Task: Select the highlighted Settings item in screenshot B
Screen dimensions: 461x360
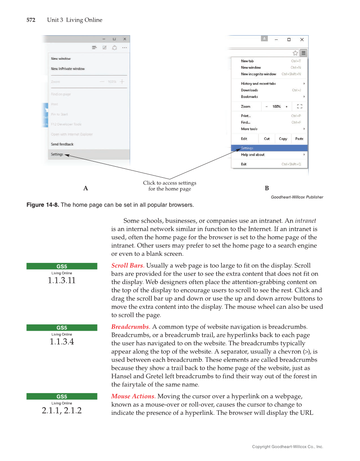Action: coord(247,148)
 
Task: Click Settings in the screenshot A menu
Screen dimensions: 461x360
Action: coord(57,154)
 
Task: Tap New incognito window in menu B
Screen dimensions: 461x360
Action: coord(258,74)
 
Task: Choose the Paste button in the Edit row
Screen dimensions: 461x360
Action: coord(299,139)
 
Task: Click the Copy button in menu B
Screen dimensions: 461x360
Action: coord(283,139)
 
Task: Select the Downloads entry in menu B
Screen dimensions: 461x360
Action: coord(249,90)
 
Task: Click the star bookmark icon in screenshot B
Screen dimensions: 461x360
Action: coord(295,53)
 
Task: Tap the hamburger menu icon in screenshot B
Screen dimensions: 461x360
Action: coord(303,53)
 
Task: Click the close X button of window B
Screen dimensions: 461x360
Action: coord(301,39)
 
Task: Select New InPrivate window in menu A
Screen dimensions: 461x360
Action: coord(68,69)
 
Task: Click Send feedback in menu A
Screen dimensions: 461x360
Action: coord(62,144)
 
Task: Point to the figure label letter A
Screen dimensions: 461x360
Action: coord(86,188)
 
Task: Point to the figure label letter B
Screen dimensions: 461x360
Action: coord(267,188)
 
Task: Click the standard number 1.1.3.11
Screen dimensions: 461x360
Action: coord(62,280)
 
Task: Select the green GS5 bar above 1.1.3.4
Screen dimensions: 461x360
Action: coord(62,327)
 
